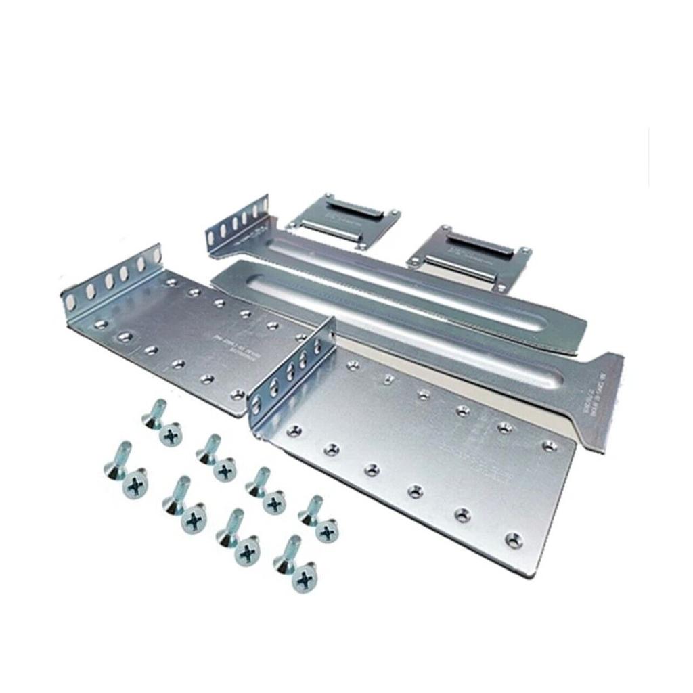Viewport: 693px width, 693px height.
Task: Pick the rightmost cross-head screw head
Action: (328, 531)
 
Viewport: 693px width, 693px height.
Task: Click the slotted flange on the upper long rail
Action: (237, 226)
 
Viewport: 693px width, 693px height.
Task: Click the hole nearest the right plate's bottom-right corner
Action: (514, 539)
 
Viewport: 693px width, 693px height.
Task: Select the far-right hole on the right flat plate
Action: (550, 445)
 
